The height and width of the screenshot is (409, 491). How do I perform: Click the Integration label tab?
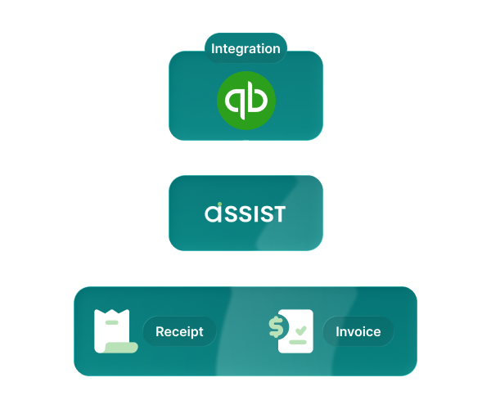pyautogui.click(x=245, y=49)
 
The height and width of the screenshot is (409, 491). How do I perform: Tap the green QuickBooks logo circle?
pyautogui.click(x=245, y=101)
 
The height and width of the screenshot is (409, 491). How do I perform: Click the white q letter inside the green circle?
pyautogui.click(x=234, y=101)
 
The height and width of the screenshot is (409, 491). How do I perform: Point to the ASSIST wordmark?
pyautogui.click(x=245, y=214)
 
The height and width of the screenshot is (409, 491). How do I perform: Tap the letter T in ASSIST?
pyautogui.click(x=279, y=214)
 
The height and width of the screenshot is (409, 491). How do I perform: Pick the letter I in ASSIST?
pyautogui.click(x=268, y=214)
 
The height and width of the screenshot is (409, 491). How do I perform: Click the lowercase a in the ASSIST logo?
pyautogui.click(x=213, y=215)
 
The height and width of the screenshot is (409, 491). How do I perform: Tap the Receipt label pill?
pyautogui.click(x=178, y=332)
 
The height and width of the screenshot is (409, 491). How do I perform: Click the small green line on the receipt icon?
pyautogui.click(x=111, y=322)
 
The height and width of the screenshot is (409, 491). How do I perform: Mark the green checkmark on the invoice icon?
pyautogui.click(x=300, y=330)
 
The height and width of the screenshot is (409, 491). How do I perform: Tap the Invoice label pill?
pyautogui.click(x=358, y=332)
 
